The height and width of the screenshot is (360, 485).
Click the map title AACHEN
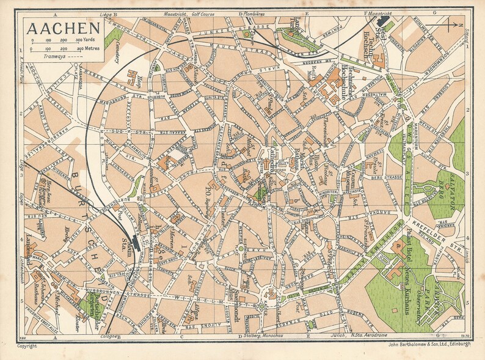pyautogui.click(x=64, y=28)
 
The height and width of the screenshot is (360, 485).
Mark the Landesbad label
pyautogui.click(x=29, y=250)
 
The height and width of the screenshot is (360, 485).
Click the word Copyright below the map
pyautogui.click(x=27, y=346)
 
